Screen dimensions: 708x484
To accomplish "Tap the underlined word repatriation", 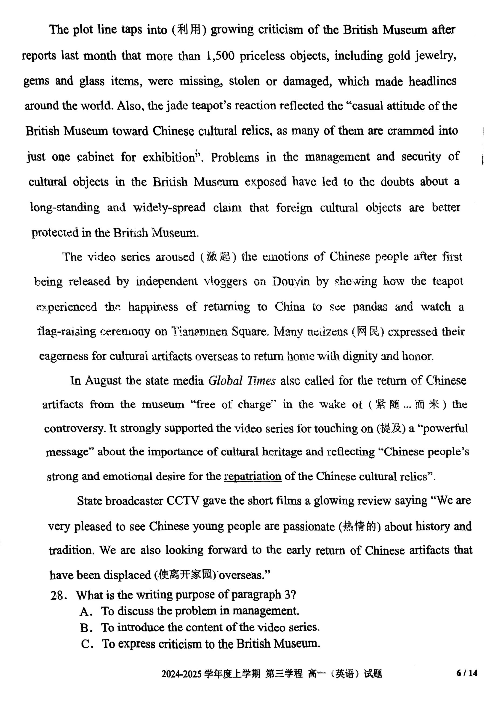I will (x=252, y=476).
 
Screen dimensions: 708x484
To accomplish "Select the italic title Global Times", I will (x=242, y=381).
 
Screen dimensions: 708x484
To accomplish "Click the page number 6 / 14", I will (x=466, y=673).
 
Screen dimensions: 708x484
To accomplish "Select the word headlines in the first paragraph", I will (x=433, y=81).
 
